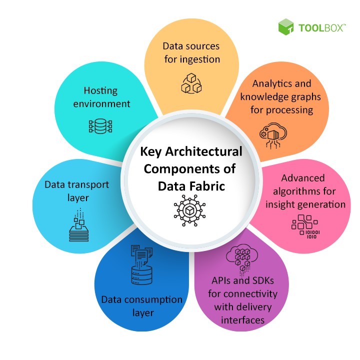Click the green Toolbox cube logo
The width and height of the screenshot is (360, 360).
click(285, 27)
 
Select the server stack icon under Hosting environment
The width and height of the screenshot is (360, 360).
click(100, 126)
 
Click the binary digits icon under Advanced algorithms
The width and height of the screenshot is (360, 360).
click(306, 227)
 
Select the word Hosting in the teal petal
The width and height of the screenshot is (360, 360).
click(100, 90)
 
